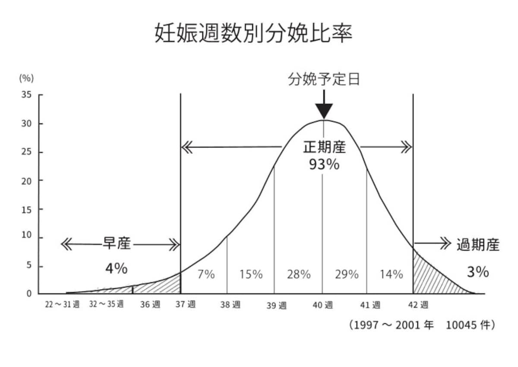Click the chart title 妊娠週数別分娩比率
tap(253, 33)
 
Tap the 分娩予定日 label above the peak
tap(324, 79)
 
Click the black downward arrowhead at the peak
tap(324, 111)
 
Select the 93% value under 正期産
tap(324, 164)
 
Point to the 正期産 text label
tap(325, 147)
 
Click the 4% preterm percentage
tap(117, 268)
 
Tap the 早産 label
tap(117, 243)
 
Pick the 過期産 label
tap(478, 245)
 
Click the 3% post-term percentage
tap(478, 271)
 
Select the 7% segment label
tap(206, 274)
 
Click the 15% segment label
tap(251, 274)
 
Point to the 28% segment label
tap(299, 274)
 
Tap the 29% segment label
tap(347, 274)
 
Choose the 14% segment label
tap(392, 274)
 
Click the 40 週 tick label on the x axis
tap(323, 305)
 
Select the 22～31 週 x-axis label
tap(62, 304)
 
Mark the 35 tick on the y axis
tap(26, 95)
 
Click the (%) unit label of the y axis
tap(26, 78)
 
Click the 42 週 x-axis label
tap(418, 305)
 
